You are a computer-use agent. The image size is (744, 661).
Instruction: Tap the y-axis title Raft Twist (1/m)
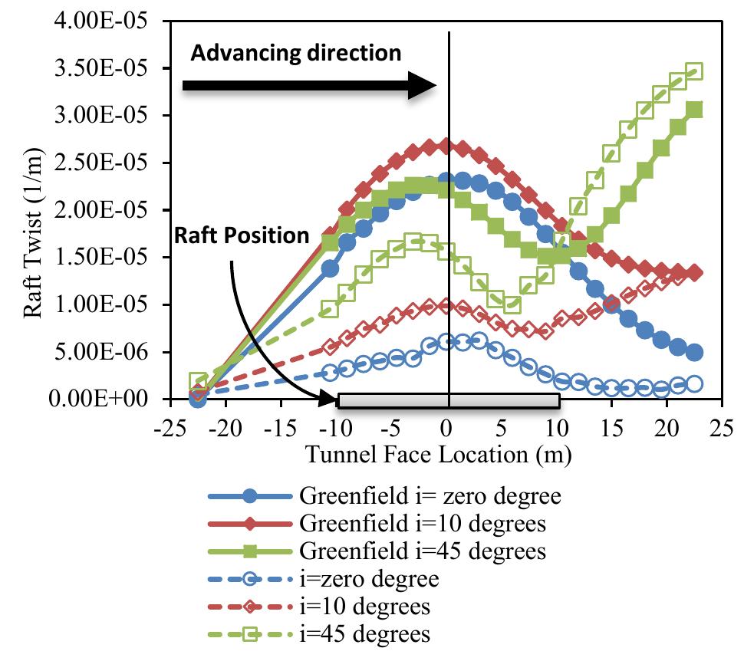[34, 209]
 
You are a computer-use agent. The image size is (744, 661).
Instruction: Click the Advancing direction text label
[295, 52]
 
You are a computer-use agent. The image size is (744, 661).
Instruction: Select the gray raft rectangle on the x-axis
[449, 400]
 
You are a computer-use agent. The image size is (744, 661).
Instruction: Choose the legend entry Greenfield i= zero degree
[430, 495]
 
